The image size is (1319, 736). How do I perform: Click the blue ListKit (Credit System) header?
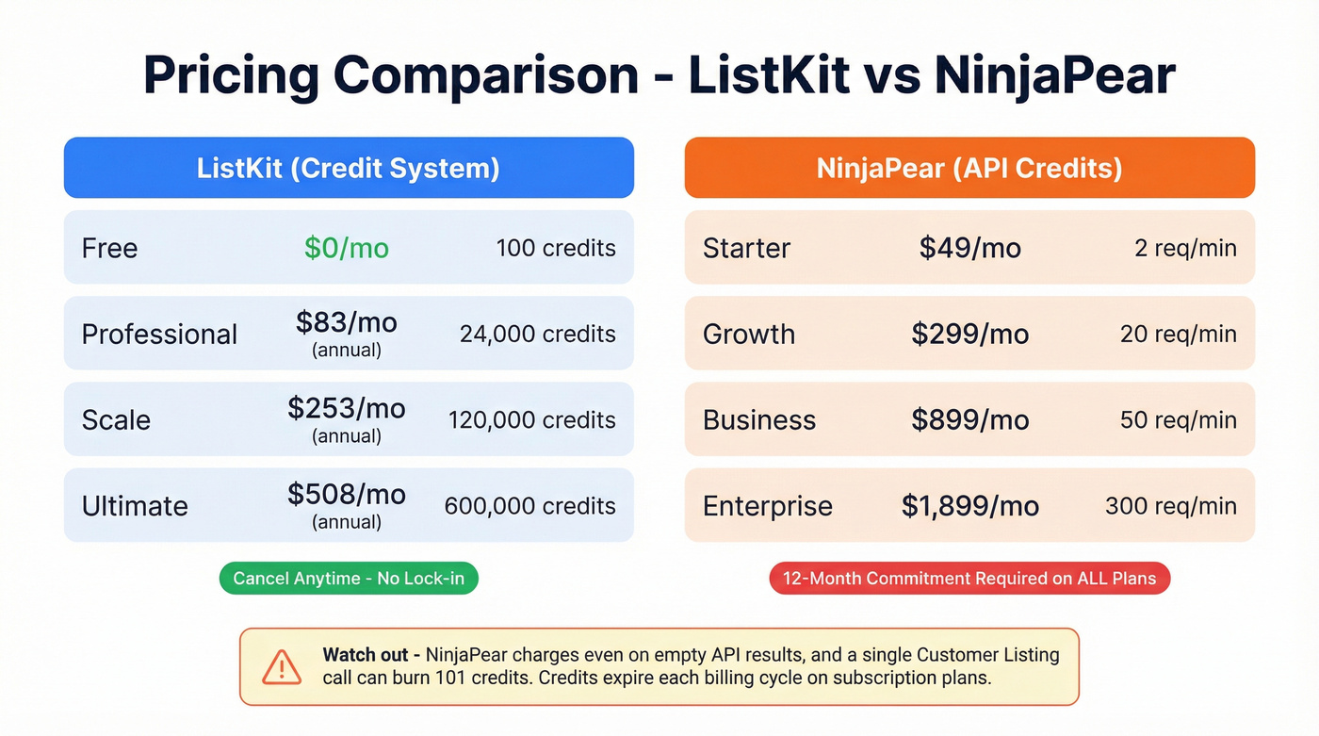click(349, 168)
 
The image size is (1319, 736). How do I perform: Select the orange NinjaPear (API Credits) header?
click(969, 168)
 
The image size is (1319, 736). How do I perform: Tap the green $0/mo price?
click(347, 248)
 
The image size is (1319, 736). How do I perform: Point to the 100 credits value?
click(556, 248)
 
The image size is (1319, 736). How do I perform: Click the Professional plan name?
click(159, 335)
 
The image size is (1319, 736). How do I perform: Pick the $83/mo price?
click(347, 323)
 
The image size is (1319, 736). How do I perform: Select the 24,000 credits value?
click(538, 335)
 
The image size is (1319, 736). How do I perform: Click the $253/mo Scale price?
click(347, 409)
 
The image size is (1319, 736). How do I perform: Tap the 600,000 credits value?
click(529, 506)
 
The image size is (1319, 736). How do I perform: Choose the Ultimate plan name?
click(135, 506)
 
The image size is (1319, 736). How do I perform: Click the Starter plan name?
click(746, 248)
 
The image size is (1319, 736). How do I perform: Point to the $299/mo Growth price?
click(969, 335)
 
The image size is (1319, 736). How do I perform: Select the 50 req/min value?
click(1179, 420)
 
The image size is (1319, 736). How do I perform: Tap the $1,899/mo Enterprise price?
click(969, 506)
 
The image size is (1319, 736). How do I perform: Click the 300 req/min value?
click(1171, 506)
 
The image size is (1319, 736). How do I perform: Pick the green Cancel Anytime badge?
click(349, 579)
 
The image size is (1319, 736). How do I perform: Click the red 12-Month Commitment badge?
click(969, 579)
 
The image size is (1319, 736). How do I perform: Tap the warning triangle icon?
click(282, 666)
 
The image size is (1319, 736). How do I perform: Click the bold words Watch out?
click(366, 655)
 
